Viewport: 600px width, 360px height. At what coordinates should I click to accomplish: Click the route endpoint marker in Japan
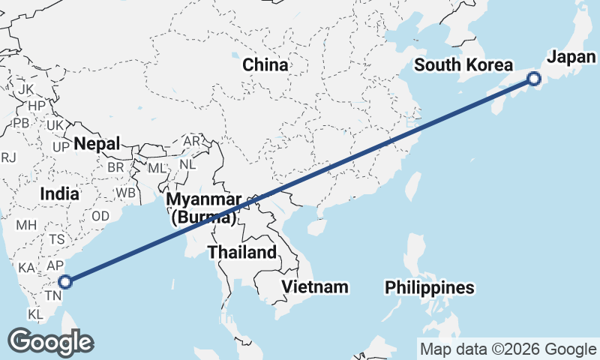[x=534, y=78]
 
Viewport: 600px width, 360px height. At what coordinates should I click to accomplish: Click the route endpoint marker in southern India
[x=65, y=282]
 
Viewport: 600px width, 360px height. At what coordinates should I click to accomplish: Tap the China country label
[x=265, y=64]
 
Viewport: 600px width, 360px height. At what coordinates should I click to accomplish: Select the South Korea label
[x=463, y=64]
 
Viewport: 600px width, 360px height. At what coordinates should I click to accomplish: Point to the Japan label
[x=572, y=57]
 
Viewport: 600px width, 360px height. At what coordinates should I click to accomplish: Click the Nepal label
[x=97, y=143]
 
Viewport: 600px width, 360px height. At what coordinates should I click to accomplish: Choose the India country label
[x=59, y=193]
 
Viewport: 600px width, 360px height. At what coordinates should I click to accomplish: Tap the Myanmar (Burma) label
[x=204, y=208]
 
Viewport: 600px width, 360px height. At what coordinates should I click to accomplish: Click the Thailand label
[x=242, y=252]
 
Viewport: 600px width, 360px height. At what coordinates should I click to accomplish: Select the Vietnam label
[x=315, y=286]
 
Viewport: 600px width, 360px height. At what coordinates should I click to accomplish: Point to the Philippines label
[x=430, y=287]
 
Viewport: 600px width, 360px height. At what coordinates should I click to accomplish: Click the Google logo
[x=50, y=342]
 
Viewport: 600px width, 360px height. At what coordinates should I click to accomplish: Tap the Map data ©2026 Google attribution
[x=508, y=349]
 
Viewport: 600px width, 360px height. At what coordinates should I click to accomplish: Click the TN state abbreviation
[x=52, y=296]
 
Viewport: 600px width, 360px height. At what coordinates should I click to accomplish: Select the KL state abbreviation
[x=35, y=313]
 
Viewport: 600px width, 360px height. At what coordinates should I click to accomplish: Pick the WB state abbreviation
[x=126, y=193]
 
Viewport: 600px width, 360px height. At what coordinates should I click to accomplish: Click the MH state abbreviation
[x=26, y=224]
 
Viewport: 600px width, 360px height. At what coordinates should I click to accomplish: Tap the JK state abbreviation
[x=26, y=89]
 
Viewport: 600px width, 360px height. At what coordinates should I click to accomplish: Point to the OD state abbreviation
[x=100, y=215]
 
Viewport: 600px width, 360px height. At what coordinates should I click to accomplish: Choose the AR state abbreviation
[x=192, y=141]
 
